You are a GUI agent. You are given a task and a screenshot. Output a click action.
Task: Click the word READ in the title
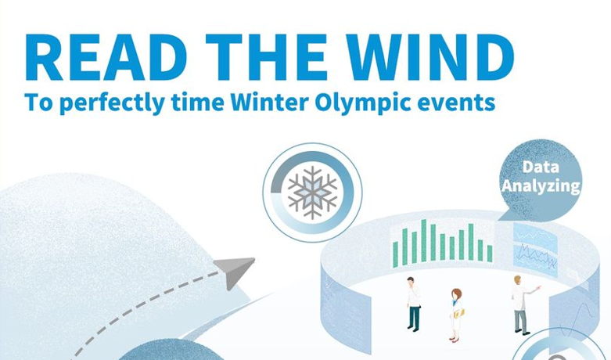point(106,57)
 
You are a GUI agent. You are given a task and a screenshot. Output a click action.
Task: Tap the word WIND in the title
point(430,57)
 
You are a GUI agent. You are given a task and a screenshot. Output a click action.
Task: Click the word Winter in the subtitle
point(269,102)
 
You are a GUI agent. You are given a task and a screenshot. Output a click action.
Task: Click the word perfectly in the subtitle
point(112,103)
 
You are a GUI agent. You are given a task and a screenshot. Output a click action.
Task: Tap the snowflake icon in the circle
point(312,193)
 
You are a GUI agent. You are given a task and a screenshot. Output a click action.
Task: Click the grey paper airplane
point(234,272)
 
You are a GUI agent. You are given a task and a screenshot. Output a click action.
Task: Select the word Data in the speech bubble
point(541,167)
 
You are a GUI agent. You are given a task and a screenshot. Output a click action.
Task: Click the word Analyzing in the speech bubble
point(541,185)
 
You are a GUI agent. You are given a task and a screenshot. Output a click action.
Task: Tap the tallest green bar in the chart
point(423,241)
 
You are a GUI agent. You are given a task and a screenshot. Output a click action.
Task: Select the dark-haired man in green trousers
point(412,304)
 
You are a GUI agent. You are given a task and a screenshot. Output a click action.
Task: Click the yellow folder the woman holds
point(459,313)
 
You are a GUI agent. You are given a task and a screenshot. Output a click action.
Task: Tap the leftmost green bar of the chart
point(396,254)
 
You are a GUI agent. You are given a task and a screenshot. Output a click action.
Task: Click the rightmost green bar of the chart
point(490,254)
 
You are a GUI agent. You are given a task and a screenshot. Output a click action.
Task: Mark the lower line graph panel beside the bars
point(535,259)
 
